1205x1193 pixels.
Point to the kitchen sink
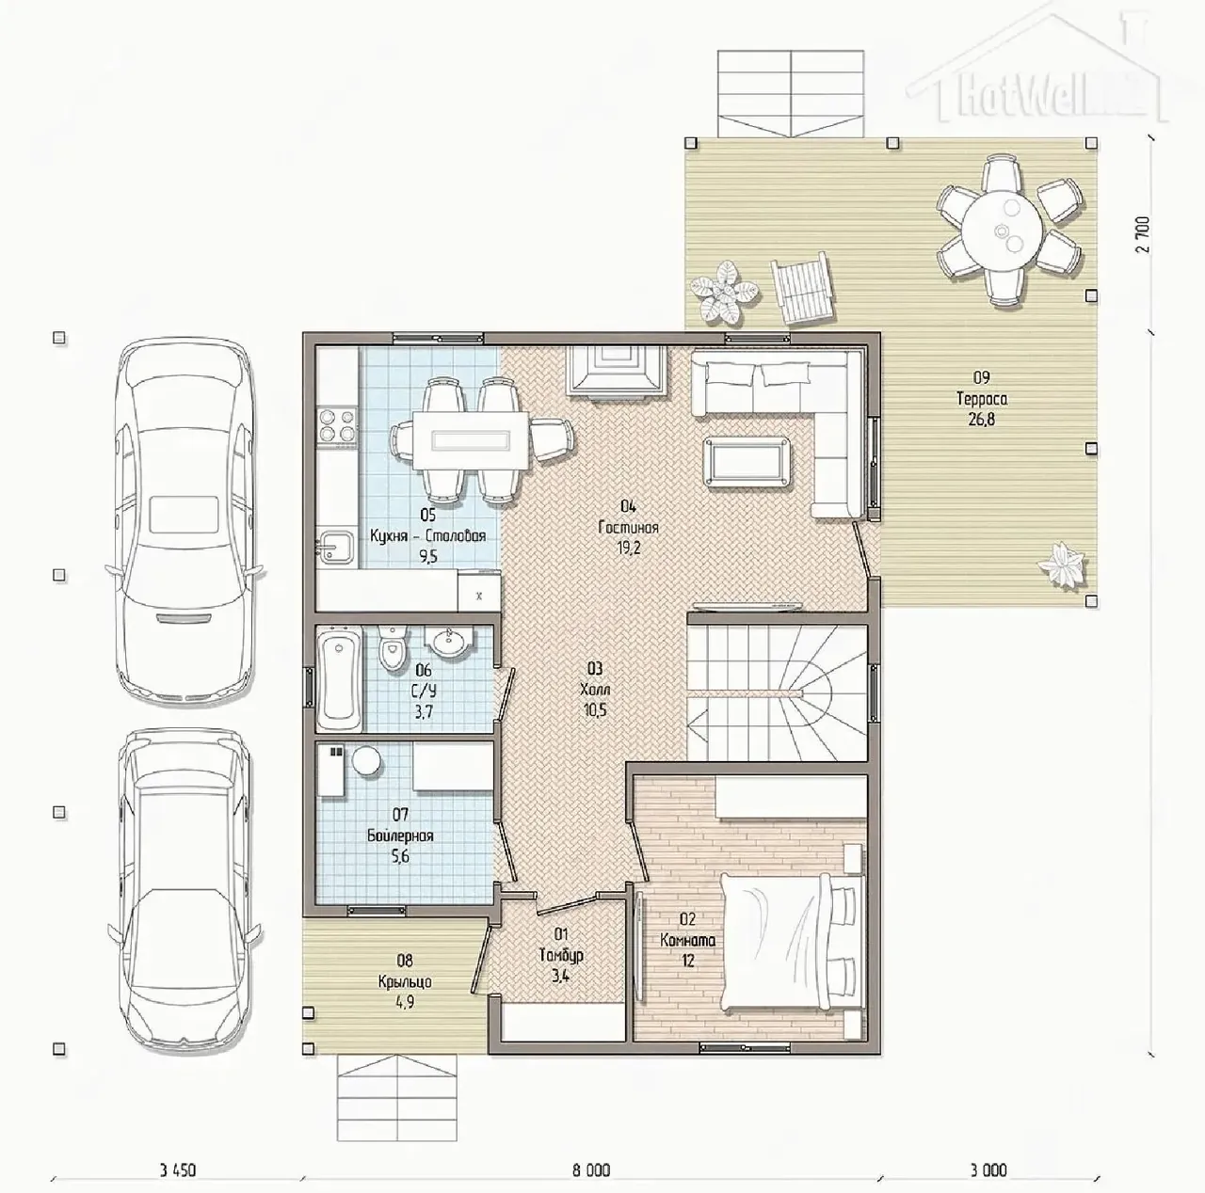(x=336, y=547)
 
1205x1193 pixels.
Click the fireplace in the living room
(x=616, y=373)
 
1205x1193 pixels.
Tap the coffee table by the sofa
(x=746, y=461)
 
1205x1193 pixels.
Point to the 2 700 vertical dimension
(x=1144, y=234)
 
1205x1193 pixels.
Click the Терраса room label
(x=982, y=398)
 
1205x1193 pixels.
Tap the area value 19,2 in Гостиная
(x=628, y=549)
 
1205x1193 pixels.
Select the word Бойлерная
(x=400, y=835)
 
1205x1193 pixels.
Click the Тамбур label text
(x=561, y=955)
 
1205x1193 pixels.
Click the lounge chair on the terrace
(x=803, y=288)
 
